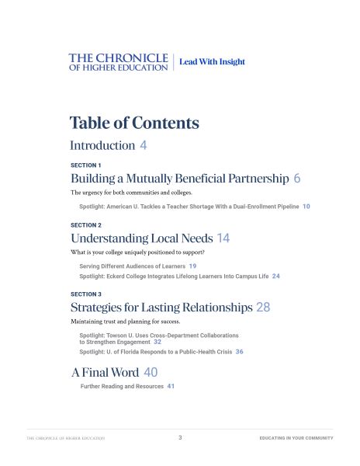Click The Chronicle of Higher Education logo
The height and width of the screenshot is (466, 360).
pos(118,62)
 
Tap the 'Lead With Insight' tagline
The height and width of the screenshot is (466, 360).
pos(212,62)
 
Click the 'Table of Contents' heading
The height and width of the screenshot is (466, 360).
pos(134,123)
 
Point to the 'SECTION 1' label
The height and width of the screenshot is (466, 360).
pos(86,165)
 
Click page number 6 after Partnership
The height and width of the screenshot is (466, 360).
pos(297,179)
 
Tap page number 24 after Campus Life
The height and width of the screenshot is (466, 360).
pos(276,276)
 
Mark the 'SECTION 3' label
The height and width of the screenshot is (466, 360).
pos(86,294)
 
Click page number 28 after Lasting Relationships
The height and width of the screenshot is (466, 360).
pos(263,308)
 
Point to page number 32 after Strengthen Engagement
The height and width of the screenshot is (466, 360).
pos(157,342)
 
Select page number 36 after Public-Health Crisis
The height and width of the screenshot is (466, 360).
pos(240,352)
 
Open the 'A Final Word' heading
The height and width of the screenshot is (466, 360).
pos(106,373)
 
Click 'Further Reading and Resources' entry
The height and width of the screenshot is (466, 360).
pos(122,386)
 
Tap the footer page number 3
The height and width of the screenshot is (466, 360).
pos(180,438)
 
